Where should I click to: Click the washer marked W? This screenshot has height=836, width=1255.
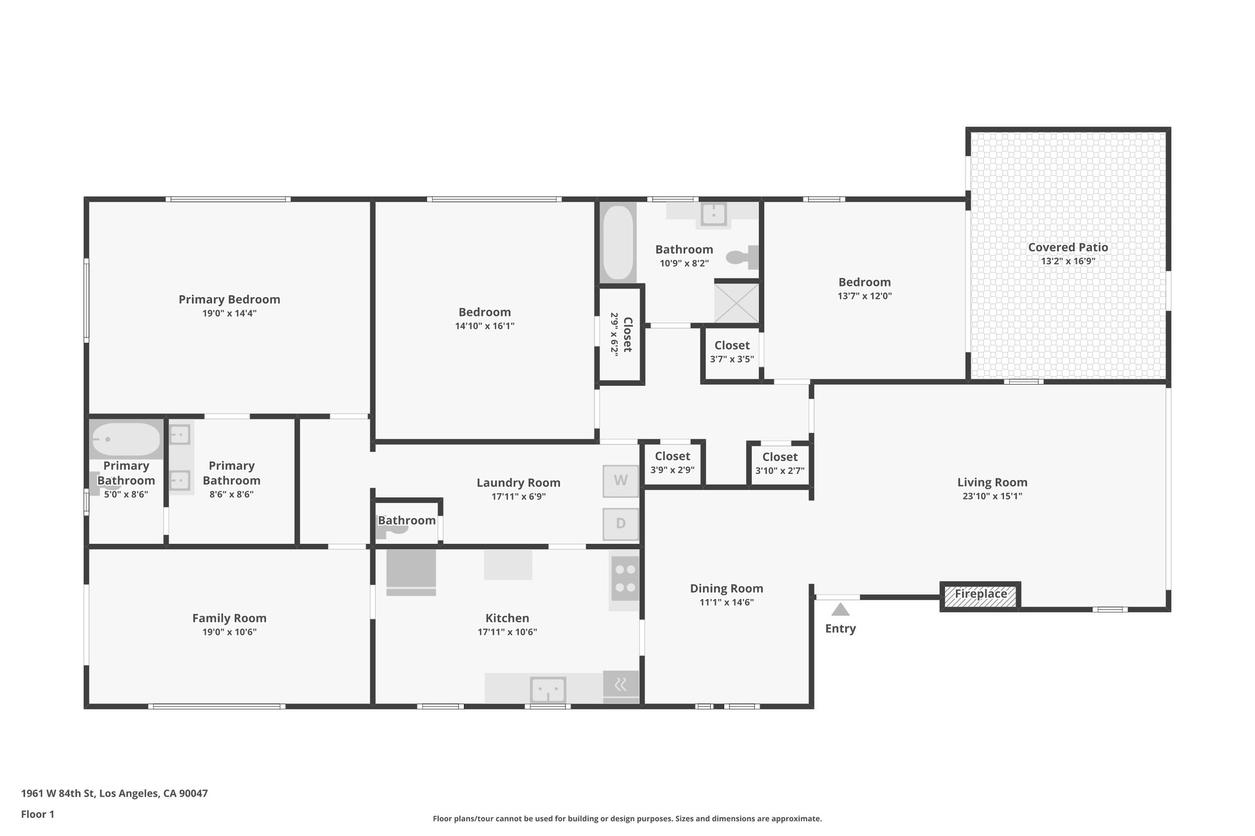tap(620, 481)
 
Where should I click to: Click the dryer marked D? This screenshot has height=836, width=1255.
tap(620, 524)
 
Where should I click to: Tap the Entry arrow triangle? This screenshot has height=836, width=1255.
tap(840, 609)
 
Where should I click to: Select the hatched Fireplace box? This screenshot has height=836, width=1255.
tap(980, 595)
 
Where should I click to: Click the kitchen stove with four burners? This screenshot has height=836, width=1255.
tap(624, 578)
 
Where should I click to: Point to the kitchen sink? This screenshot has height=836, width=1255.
tap(547, 690)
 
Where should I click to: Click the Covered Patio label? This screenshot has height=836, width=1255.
tap(1067, 247)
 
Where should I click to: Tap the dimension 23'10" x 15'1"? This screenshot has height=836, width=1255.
tap(992, 496)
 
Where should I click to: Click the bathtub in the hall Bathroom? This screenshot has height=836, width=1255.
tap(617, 243)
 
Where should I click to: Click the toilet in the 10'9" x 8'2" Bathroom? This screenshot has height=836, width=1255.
tap(742, 257)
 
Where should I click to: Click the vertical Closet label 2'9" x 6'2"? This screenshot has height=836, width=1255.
tap(621, 334)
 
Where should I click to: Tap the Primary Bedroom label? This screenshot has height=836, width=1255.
tap(229, 299)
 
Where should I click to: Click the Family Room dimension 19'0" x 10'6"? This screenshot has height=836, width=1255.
tap(229, 632)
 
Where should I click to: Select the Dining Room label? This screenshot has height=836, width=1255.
tap(726, 589)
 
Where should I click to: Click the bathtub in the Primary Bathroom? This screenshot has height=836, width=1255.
tap(126, 439)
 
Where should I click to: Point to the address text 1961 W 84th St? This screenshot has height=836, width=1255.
tap(58, 794)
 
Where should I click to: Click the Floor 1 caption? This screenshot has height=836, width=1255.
tap(37, 815)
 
